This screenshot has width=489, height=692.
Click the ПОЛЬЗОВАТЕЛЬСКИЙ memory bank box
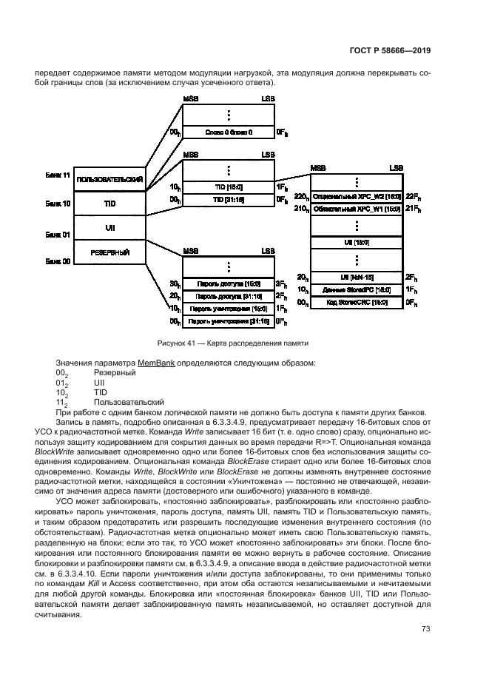point(109,179)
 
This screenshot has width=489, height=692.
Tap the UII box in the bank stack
point(109,227)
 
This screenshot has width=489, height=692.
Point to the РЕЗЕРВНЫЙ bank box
point(109,252)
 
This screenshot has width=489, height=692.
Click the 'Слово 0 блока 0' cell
point(229,132)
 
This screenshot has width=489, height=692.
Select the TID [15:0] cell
point(229,187)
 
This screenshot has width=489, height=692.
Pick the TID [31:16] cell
point(229,200)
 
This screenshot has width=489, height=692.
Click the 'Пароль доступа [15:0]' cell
point(229,283)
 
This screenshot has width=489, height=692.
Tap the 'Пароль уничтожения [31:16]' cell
point(229,321)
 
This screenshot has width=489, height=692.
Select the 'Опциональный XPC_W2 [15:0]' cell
point(357,197)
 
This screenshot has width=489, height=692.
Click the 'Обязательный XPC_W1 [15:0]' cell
point(357,209)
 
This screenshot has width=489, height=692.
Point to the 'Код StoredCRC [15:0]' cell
point(357,303)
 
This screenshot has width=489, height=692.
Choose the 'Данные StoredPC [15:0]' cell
point(357,290)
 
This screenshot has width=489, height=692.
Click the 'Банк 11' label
point(57,175)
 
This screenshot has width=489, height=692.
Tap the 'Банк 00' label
point(57,261)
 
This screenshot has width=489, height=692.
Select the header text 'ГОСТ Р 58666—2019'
point(391,51)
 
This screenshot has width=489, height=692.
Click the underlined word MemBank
point(155,363)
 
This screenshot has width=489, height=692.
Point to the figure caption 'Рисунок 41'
point(179,343)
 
